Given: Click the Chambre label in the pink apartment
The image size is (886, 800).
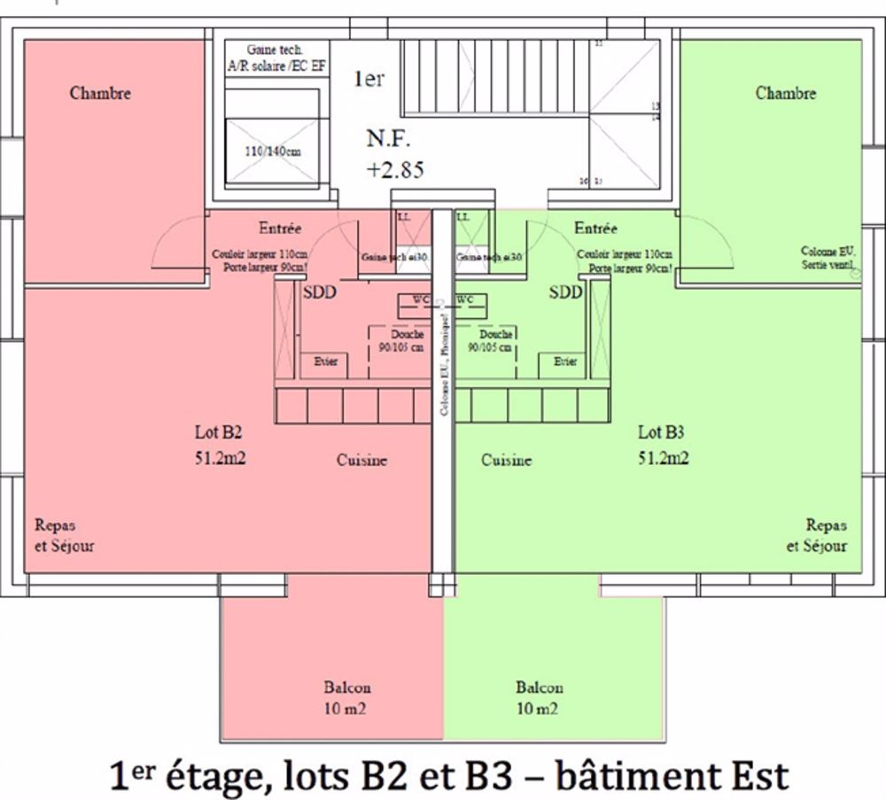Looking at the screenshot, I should (100, 93).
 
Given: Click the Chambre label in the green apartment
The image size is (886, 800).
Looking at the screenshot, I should (785, 93).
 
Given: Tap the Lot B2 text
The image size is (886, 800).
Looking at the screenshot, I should (219, 433).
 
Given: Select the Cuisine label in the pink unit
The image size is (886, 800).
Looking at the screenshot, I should (361, 461).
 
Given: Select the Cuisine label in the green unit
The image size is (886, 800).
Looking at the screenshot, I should (507, 461).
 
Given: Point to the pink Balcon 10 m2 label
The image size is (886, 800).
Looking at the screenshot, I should (346, 698).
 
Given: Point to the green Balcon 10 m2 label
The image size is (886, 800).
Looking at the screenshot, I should (540, 698).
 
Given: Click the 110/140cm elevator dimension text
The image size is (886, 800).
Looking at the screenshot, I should (272, 151).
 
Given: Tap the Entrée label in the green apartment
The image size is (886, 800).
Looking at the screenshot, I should (596, 228).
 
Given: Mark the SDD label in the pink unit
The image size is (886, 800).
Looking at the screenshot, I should (320, 292).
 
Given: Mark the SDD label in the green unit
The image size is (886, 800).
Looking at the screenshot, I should (565, 292).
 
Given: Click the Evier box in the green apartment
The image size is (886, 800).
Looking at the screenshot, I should (564, 362).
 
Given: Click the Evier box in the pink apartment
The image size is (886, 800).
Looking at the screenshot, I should (324, 362).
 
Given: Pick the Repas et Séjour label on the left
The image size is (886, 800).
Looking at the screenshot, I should (63, 535).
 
